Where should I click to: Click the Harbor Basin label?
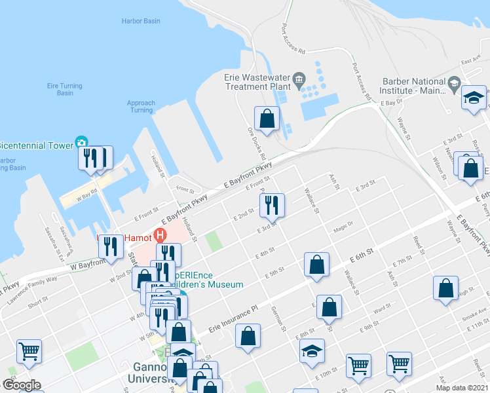(x=141, y=21)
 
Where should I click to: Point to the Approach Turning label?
(x=141, y=106)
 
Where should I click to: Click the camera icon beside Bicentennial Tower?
(x=81, y=142)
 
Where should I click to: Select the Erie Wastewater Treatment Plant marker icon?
(x=299, y=81)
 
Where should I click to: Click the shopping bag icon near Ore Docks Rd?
(x=267, y=119)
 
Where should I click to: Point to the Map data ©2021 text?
(x=462, y=388)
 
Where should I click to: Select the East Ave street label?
(x=470, y=61)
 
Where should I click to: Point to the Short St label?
(x=38, y=301)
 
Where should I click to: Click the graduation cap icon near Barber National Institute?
(x=474, y=98)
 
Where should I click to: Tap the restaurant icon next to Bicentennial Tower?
(x=91, y=158)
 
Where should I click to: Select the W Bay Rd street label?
(x=85, y=193)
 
